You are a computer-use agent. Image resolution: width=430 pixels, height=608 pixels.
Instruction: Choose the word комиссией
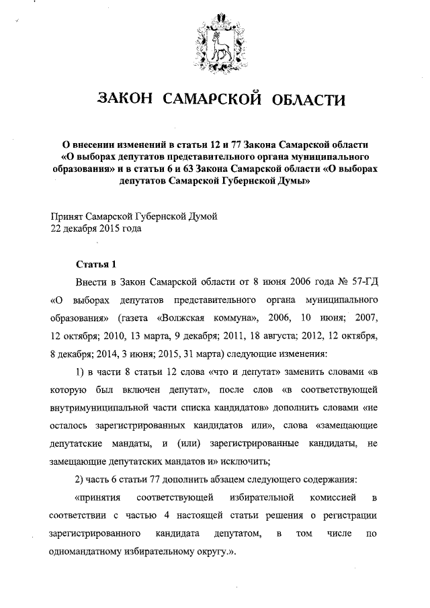click(335, 498)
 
